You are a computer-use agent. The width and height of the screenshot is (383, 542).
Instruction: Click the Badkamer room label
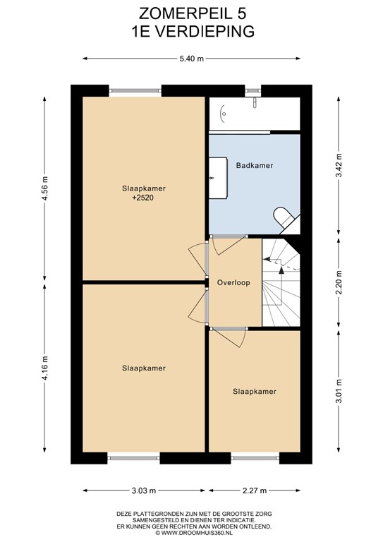click(x=255, y=166)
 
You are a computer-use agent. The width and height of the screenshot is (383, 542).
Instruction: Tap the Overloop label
click(x=233, y=283)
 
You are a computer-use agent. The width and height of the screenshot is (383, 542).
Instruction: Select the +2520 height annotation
click(x=143, y=198)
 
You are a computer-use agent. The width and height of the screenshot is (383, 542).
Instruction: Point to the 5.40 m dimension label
click(x=192, y=59)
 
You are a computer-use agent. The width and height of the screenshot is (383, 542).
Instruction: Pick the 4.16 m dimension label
click(x=44, y=368)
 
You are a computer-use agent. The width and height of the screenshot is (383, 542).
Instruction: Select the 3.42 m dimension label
click(x=339, y=165)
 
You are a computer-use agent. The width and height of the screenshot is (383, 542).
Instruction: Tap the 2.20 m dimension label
click(x=339, y=282)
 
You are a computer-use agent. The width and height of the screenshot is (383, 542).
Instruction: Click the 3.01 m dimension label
click(x=339, y=391)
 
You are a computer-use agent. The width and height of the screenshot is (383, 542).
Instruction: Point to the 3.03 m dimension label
click(x=144, y=490)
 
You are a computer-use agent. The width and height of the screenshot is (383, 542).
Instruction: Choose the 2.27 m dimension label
click(x=255, y=490)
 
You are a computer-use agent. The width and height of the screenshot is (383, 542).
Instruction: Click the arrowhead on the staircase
click(x=281, y=270)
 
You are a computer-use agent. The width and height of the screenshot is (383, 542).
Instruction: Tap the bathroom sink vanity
click(x=218, y=178)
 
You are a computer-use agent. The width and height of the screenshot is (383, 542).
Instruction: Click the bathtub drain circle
click(x=224, y=114)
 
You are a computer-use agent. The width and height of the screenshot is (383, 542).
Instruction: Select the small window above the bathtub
click(x=253, y=90)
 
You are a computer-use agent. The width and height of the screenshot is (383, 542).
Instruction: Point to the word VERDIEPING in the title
click(x=203, y=32)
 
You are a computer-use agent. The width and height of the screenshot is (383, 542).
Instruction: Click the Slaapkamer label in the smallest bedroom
click(x=255, y=392)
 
